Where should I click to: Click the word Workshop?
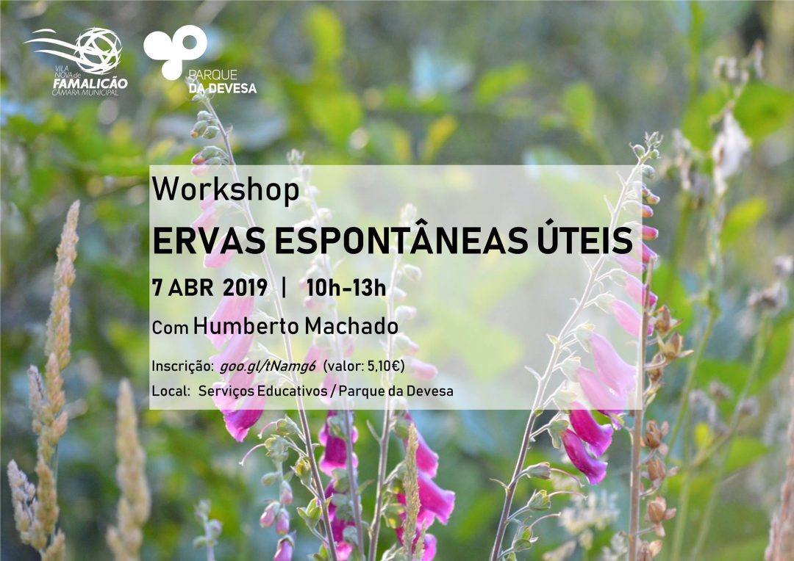tap(226, 191)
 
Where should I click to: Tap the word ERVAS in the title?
tap(209, 242)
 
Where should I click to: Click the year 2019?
tap(245, 288)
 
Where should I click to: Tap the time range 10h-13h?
tap(346, 288)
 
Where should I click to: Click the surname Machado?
tap(351, 326)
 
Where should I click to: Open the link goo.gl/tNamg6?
tap(268, 366)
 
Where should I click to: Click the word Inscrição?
tap(183, 366)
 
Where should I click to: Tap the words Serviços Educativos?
tap(262, 391)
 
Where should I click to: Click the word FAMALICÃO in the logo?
tap(90, 84)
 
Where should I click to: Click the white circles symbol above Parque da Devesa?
tap(175, 51)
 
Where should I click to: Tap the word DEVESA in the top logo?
tap(230, 89)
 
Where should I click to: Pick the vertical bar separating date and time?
tap(284, 287)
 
